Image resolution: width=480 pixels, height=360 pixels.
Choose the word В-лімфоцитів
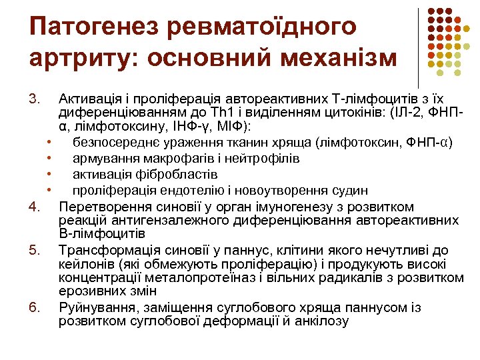point(102,234)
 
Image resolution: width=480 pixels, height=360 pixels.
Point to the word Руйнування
point(95,307)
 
